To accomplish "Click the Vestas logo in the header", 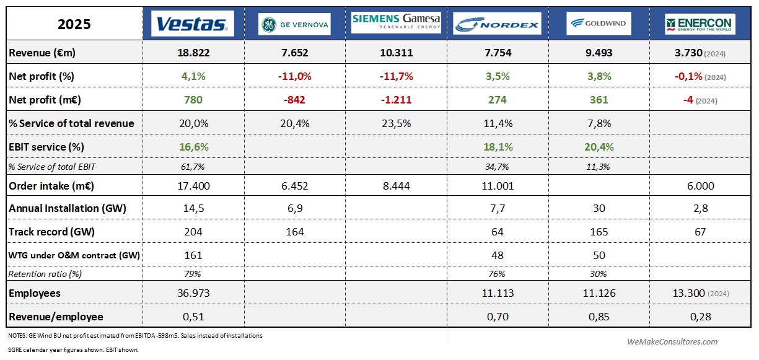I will pos(193,24).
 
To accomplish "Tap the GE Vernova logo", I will pos(294,24).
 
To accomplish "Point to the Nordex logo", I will pos(498,24).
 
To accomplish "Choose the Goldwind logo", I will pos(599,24).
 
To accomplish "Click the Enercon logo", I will pos(700,24).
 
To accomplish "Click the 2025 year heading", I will pos(74,24).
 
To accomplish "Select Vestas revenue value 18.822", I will pos(193,53).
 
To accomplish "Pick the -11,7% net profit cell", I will pos(395,77).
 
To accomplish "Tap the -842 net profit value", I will pos(294,100).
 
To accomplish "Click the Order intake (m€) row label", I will pos(51,185).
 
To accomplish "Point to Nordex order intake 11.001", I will pos(497,185).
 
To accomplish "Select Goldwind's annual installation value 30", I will pos(599,208).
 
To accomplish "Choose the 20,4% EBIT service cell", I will pos(599,147).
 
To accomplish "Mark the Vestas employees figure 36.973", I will pos(193,293).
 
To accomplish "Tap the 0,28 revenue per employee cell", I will pos(700,317).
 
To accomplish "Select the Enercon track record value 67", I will pos(700,232).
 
